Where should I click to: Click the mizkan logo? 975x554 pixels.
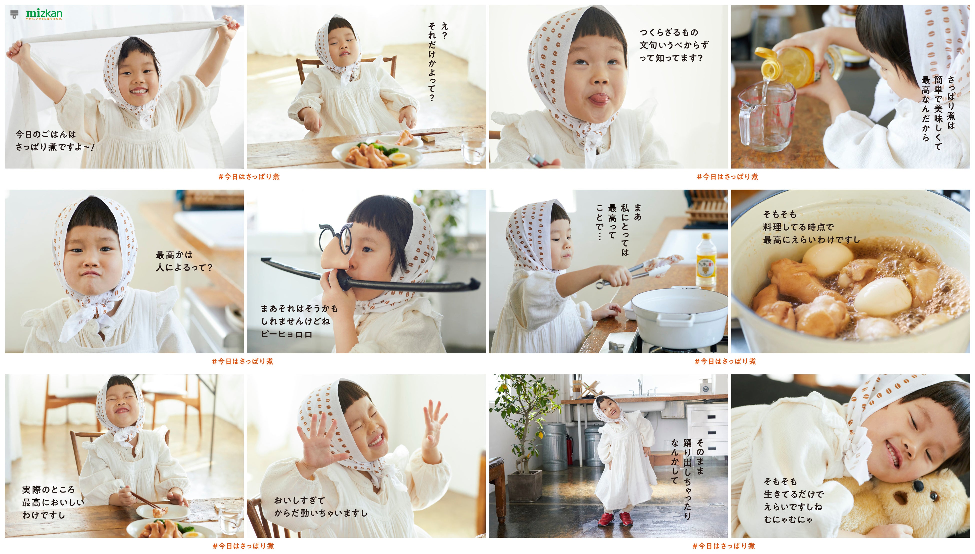pos(44,14)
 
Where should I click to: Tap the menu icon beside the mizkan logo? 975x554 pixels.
pos(14,14)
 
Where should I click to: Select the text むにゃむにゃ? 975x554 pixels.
pos(788,519)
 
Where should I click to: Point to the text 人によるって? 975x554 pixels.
pos(184,268)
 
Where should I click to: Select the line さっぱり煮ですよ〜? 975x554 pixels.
pos(55,147)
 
